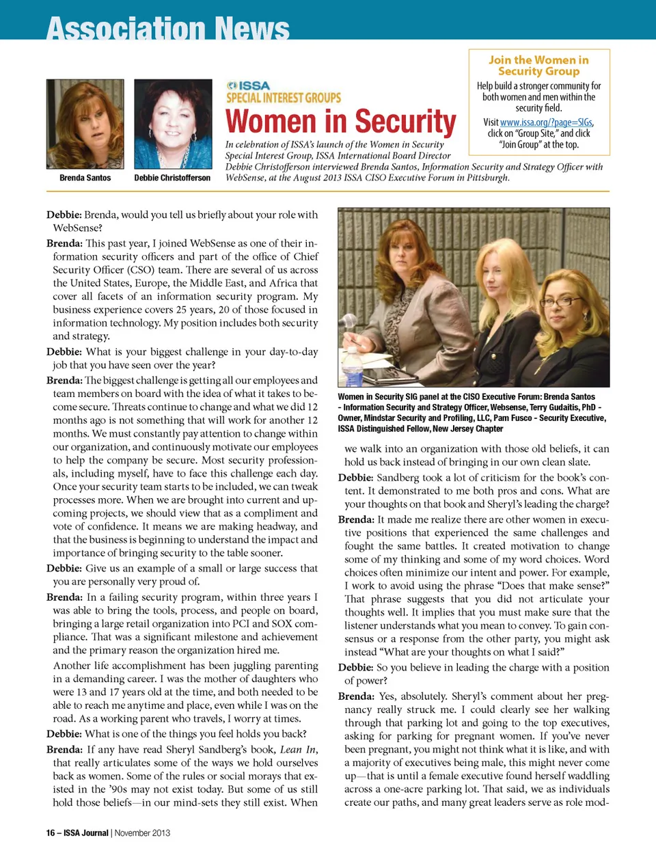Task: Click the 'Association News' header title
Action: (x=168, y=29)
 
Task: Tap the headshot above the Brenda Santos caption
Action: (x=85, y=124)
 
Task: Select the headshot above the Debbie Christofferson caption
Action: (x=173, y=124)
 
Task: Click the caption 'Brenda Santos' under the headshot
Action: (x=85, y=178)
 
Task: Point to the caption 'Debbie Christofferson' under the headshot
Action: (x=172, y=178)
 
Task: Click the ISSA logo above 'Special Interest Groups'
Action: (x=249, y=85)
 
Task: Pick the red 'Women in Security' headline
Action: (x=340, y=122)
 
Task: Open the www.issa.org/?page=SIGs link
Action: (x=546, y=122)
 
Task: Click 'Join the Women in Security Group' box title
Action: (x=538, y=66)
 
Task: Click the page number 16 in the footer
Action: (x=51, y=832)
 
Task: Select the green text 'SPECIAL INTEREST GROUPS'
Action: (x=284, y=98)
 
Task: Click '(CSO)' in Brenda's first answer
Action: (x=142, y=270)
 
